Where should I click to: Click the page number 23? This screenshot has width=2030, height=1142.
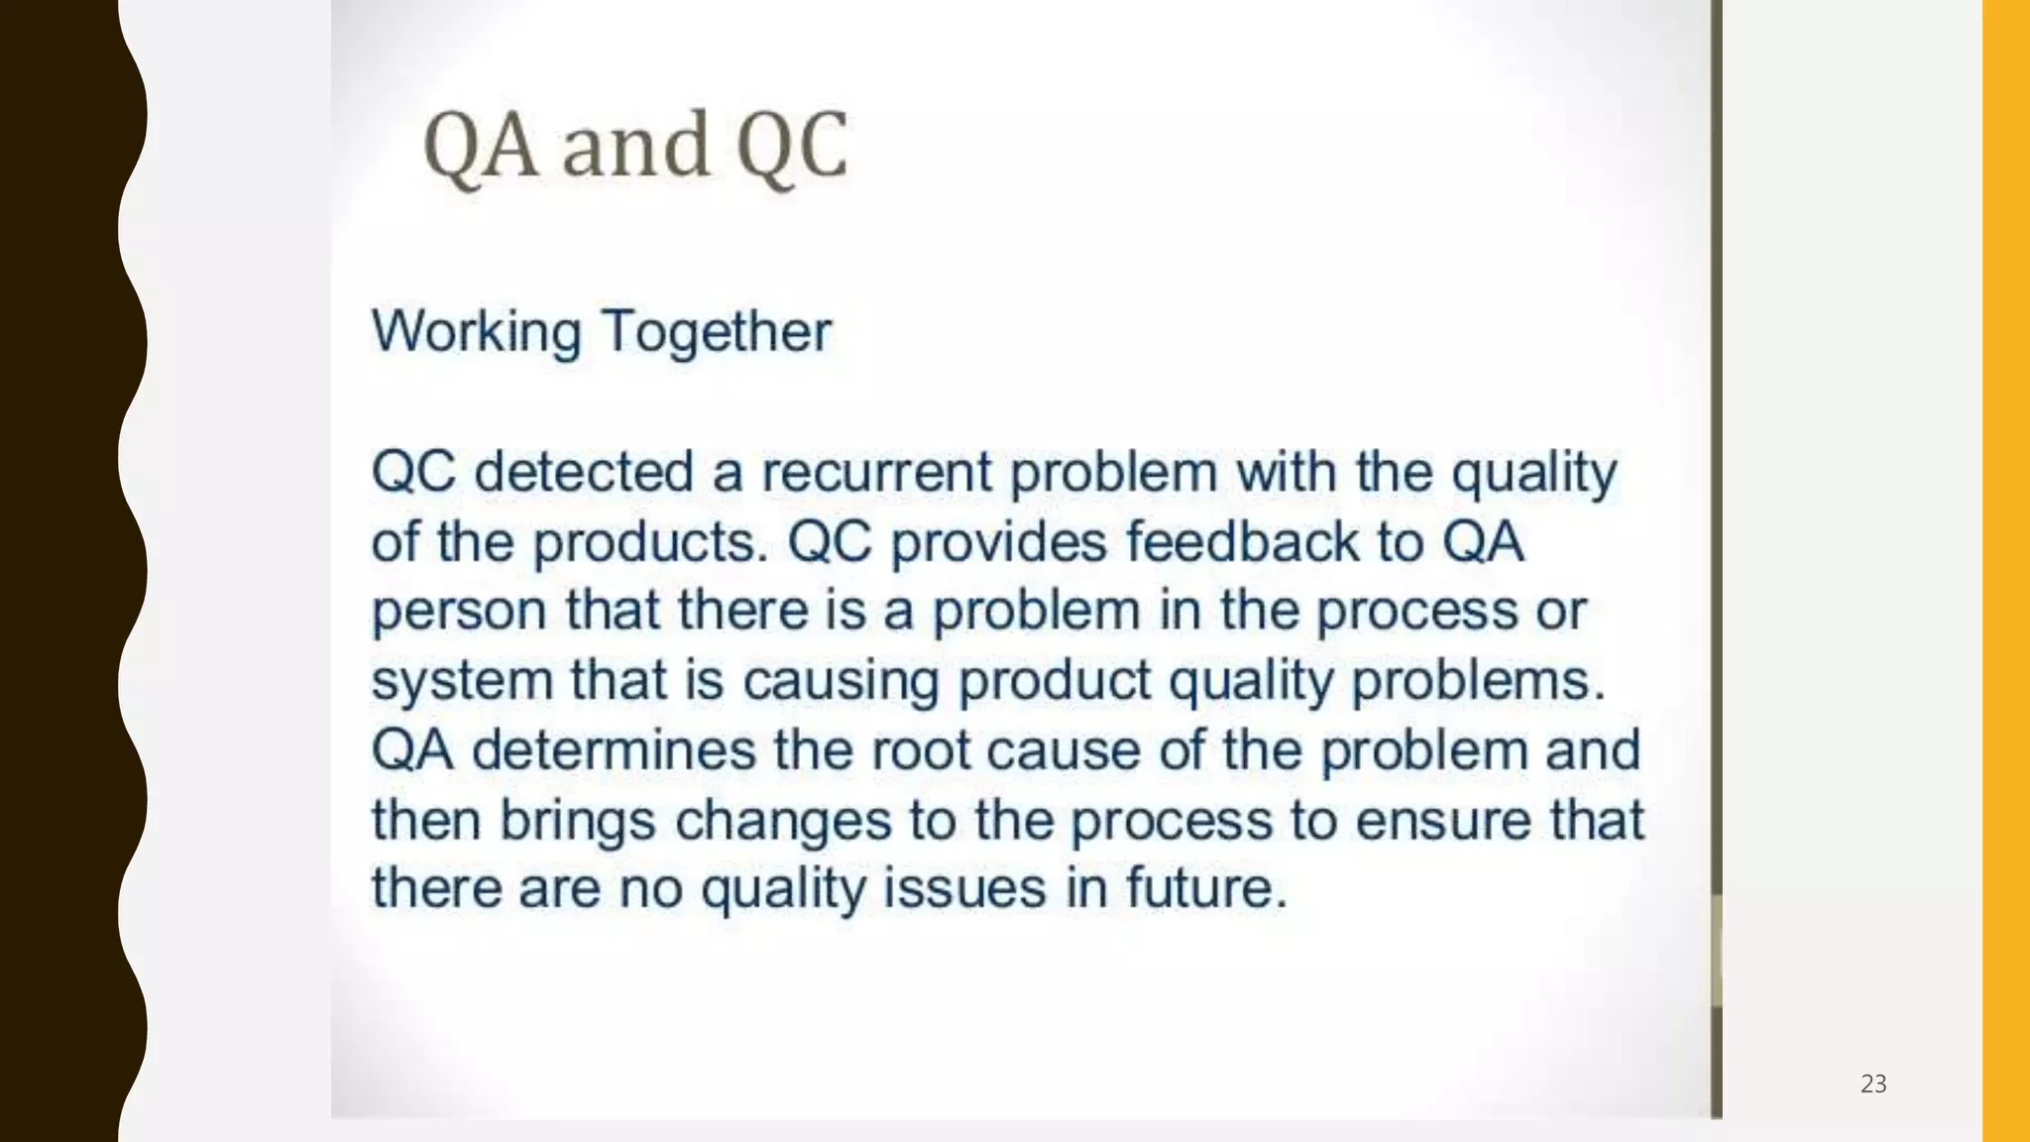(x=1873, y=1084)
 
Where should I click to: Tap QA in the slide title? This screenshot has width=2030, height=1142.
(x=481, y=146)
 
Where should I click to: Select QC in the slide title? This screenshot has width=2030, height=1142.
(x=792, y=146)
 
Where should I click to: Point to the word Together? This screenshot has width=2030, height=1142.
(x=717, y=331)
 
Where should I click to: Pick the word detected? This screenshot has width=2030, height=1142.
(x=584, y=471)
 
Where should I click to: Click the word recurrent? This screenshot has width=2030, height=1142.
(x=876, y=471)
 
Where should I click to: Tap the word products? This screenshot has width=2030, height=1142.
(x=650, y=542)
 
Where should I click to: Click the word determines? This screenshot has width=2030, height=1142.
(x=614, y=750)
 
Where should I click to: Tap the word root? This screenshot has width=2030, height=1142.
(x=921, y=750)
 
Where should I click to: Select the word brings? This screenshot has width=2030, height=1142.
(x=578, y=821)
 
